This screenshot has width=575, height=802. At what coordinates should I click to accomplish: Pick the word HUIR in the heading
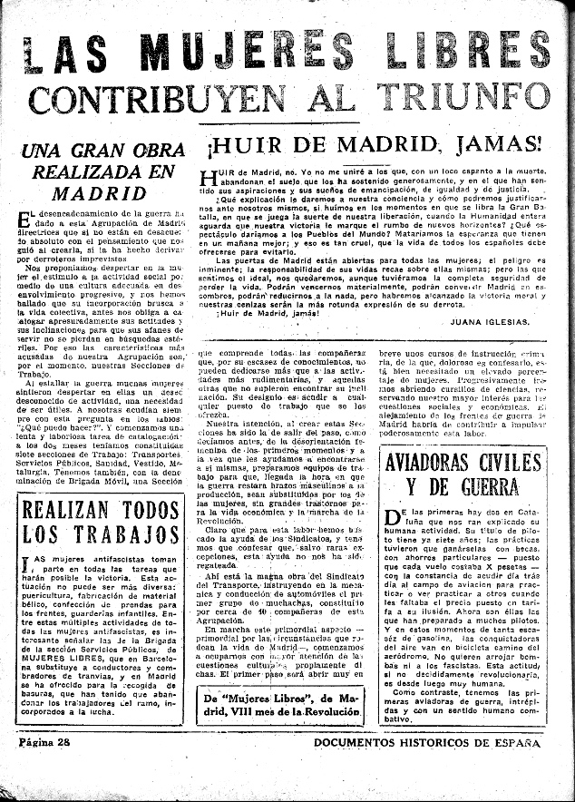tap(246, 144)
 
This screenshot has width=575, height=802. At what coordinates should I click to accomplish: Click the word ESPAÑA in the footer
tap(513, 743)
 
